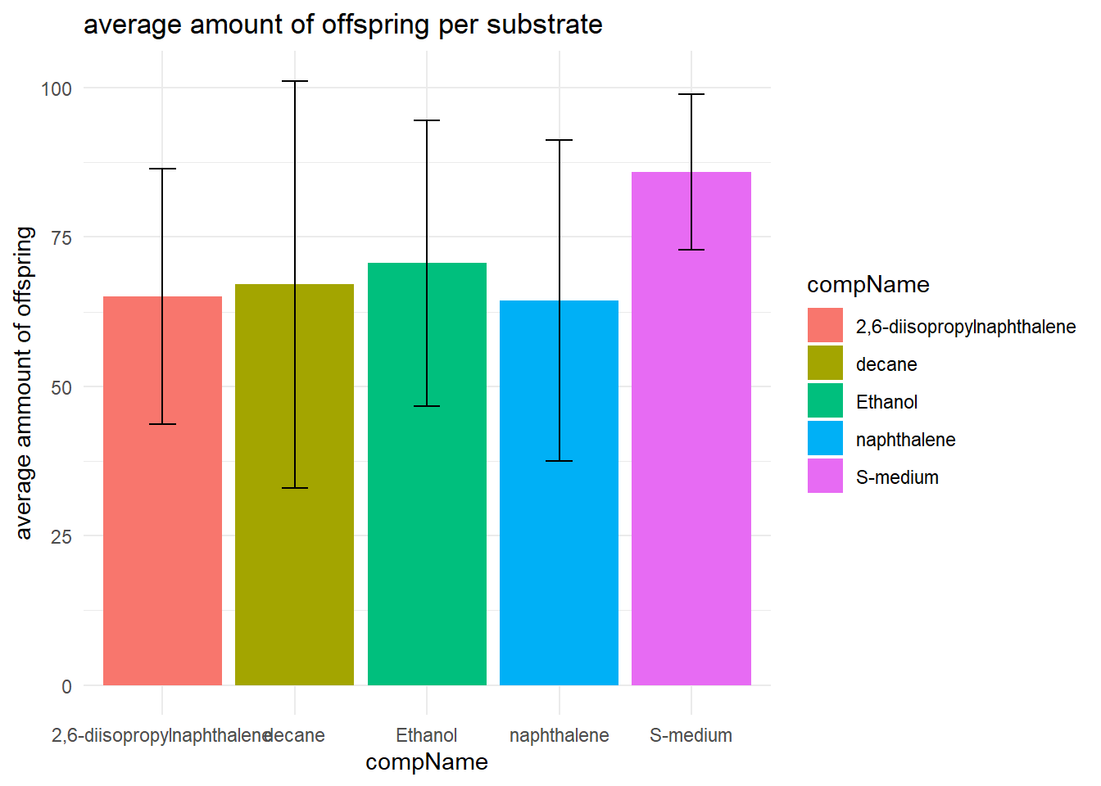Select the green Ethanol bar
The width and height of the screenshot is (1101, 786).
pyautogui.click(x=427, y=491)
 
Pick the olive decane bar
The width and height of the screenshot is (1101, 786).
pyautogui.click(x=294, y=508)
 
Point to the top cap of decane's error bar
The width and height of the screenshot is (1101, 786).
pyautogui.click(x=294, y=81)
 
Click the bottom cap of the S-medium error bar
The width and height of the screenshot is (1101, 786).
pyautogui.click(x=691, y=249)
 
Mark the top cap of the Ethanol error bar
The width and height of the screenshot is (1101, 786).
pyautogui.click(x=427, y=120)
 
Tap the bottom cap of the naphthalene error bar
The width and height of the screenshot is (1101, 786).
pyautogui.click(x=559, y=461)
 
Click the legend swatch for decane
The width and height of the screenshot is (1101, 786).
pyautogui.click(x=825, y=364)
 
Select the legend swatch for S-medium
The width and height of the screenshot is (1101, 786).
pyautogui.click(x=825, y=477)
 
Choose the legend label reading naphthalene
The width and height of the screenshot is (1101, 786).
pyautogui.click(x=905, y=440)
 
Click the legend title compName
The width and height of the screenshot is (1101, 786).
pyautogui.click(x=868, y=285)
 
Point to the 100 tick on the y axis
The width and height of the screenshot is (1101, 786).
pyautogui.click(x=57, y=88)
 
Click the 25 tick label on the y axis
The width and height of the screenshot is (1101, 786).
pyautogui.click(x=61, y=537)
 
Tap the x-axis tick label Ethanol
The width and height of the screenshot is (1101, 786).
pyautogui.click(x=427, y=735)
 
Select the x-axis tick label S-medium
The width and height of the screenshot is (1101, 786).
pyautogui.click(x=691, y=735)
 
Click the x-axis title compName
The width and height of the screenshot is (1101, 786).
pyautogui.click(x=427, y=762)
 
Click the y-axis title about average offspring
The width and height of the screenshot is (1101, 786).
pyautogui.click(x=25, y=383)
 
